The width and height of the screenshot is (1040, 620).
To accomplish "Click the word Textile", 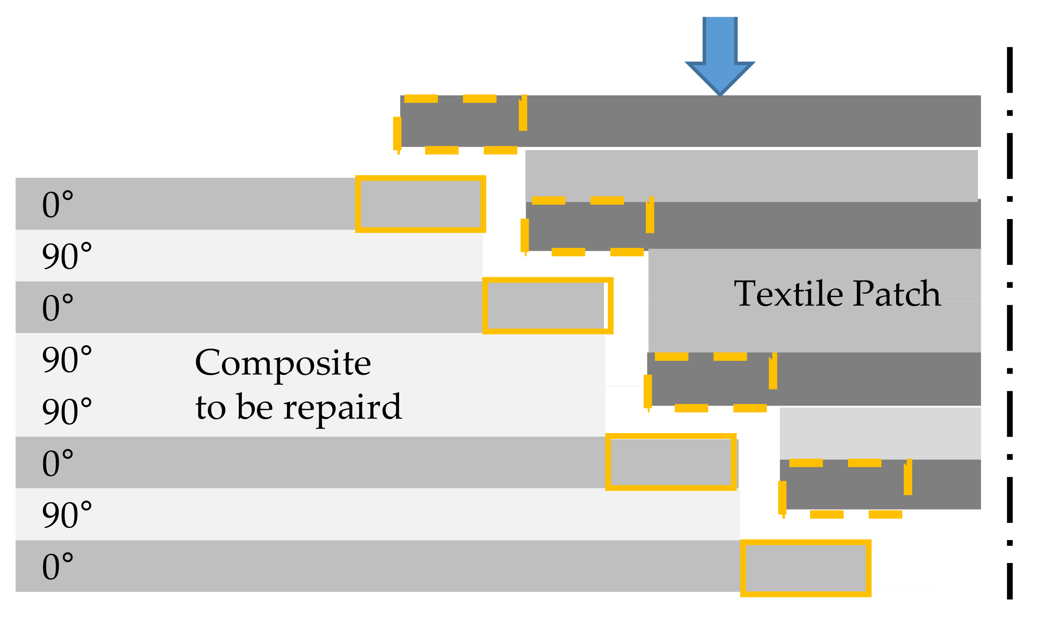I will tap(788, 294).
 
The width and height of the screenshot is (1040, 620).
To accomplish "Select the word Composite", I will tap(283, 363).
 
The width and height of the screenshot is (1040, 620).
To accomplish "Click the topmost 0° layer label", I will tap(57, 204).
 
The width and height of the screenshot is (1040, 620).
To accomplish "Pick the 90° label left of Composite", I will tap(66, 359).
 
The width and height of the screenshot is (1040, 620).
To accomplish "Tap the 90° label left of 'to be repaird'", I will tap(66, 411).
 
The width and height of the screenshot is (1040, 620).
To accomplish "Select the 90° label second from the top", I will tap(66, 256).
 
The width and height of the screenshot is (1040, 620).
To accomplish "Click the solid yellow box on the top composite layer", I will tap(420, 204).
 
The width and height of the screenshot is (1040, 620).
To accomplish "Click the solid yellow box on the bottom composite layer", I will tap(805, 568).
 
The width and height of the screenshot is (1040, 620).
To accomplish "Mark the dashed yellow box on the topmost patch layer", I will tap(459, 124).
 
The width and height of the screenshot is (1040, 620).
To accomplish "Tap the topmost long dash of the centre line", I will tap(1010, 70).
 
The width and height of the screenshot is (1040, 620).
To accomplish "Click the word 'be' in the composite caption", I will tap(255, 407).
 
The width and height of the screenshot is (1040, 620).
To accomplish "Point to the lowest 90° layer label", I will tap(66, 515).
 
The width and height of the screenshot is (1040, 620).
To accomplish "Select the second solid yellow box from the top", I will tap(547, 306).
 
